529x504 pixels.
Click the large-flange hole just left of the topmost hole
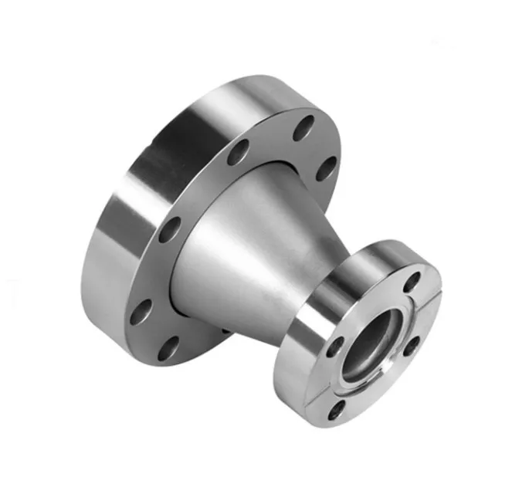[x=242, y=151]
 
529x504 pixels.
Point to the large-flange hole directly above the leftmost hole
[x=171, y=229]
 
